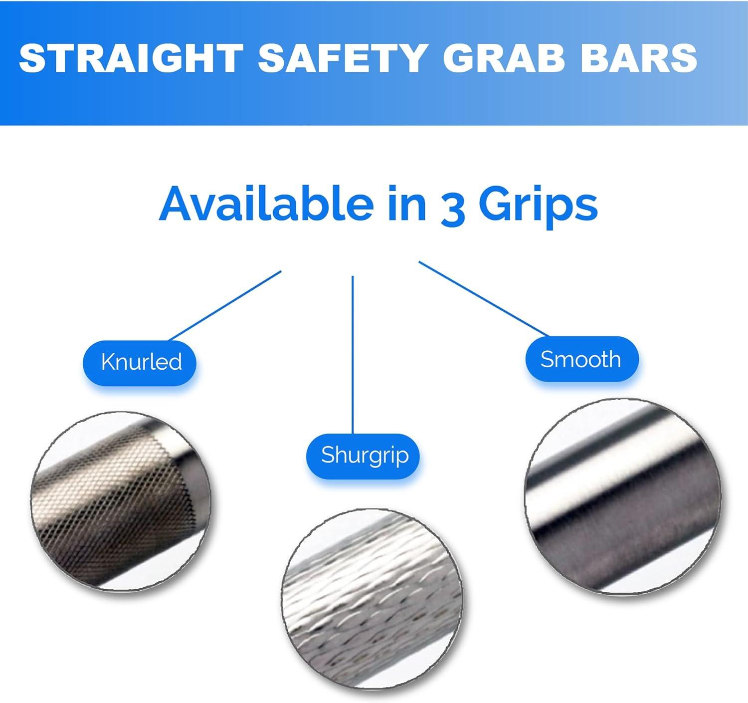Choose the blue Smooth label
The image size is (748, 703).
click(x=581, y=359)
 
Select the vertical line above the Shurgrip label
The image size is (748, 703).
click(x=353, y=354)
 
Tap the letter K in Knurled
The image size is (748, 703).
click(x=106, y=362)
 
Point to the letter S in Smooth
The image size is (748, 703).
click(x=547, y=359)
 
